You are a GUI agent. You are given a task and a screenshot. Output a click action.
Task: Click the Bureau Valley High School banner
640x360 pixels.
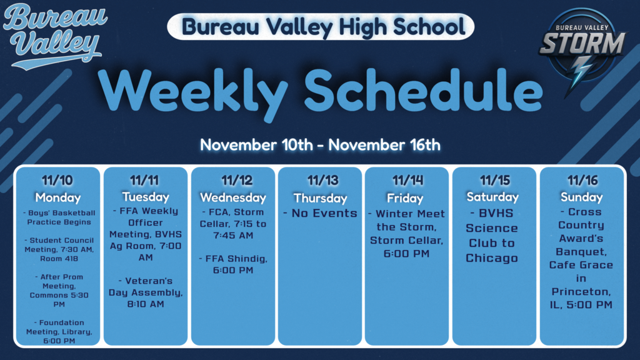(x=321, y=26)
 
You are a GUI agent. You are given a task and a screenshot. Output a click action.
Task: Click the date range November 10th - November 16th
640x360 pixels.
(x=320, y=145)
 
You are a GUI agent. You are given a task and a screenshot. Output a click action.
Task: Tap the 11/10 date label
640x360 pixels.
(x=57, y=181)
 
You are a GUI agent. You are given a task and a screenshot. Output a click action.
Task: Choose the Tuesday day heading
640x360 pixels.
(x=145, y=197)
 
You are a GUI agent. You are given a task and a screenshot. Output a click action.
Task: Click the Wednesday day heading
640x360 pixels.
(x=233, y=197)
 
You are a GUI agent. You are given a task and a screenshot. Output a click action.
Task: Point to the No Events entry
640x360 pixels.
(x=320, y=214)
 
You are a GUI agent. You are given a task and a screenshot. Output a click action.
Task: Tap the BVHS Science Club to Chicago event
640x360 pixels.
(x=492, y=236)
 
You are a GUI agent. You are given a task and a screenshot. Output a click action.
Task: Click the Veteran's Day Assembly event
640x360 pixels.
(x=146, y=292)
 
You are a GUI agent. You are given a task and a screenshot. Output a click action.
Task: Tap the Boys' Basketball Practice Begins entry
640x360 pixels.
(x=58, y=217)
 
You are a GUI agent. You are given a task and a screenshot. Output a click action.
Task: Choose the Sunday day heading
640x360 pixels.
(x=582, y=197)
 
